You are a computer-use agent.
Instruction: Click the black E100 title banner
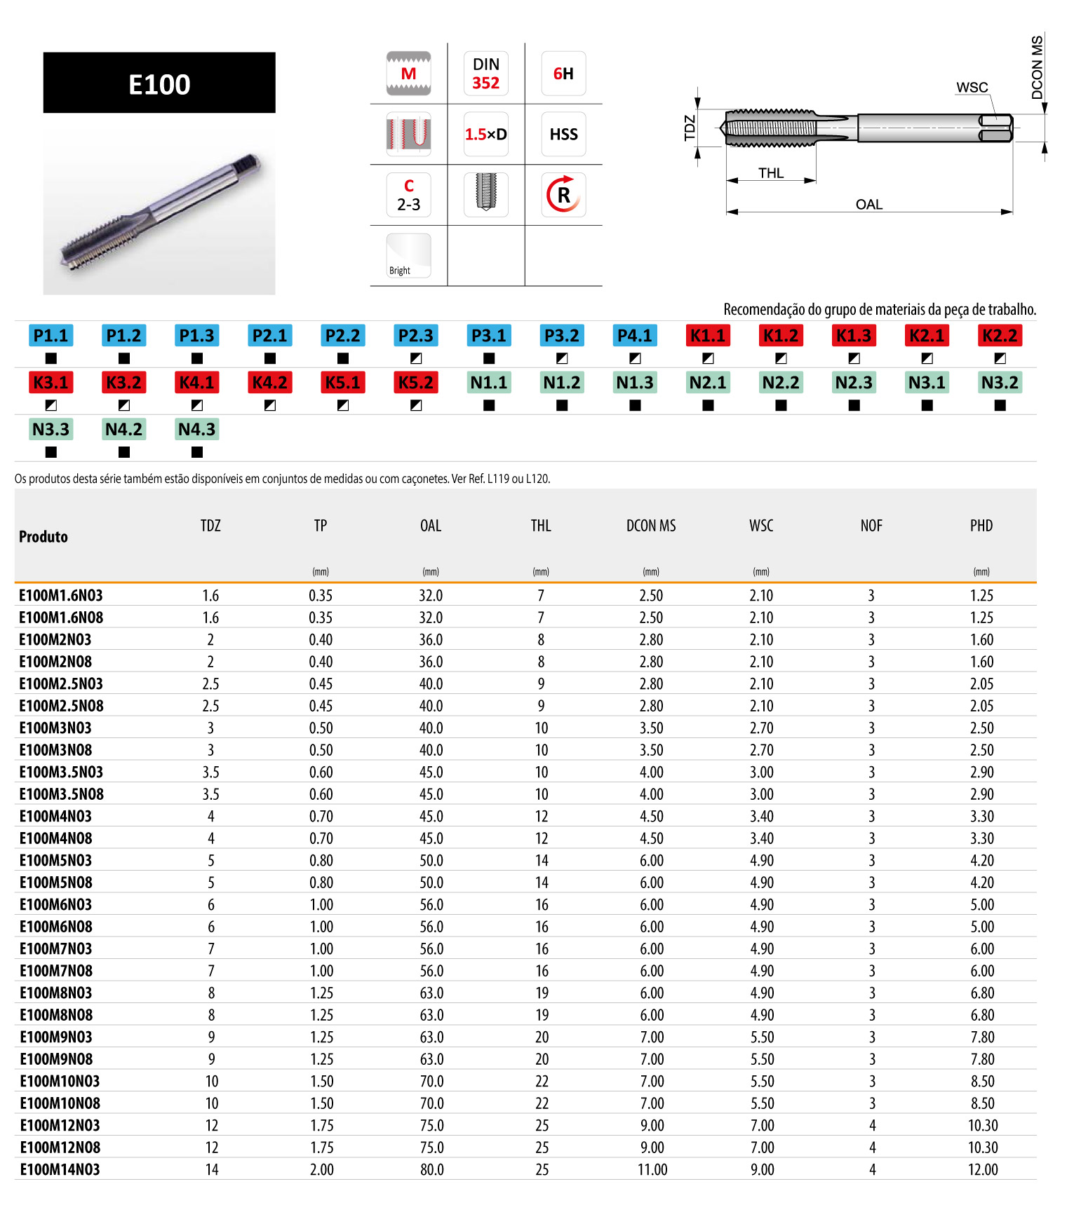[x=159, y=83]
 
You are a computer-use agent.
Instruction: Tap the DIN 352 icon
[x=485, y=74]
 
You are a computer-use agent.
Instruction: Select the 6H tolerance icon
[x=563, y=74]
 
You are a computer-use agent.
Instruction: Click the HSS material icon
[x=563, y=134]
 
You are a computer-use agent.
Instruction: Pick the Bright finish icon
[x=408, y=256]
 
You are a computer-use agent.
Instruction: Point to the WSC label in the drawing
[x=972, y=88]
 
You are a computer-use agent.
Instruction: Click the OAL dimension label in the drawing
[x=868, y=205]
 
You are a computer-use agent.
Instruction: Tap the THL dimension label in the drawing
[x=770, y=173]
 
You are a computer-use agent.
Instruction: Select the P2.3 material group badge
[x=416, y=336]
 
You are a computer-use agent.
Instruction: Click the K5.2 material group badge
[x=416, y=383]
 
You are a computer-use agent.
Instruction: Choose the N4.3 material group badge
[x=197, y=429]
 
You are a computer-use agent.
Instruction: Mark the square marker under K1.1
[x=708, y=358]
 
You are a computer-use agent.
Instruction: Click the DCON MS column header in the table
[x=651, y=526]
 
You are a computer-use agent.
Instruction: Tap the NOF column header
[x=871, y=526]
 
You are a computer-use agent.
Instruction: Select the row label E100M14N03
[x=60, y=1169]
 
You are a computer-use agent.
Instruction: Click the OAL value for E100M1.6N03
[x=431, y=595]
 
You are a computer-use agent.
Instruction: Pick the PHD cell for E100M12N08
[x=982, y=1148]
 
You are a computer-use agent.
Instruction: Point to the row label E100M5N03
[x=55, y=860]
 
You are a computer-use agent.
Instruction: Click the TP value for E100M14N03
[x=321, y=1169]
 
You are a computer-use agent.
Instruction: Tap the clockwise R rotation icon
[x=563, y=195]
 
